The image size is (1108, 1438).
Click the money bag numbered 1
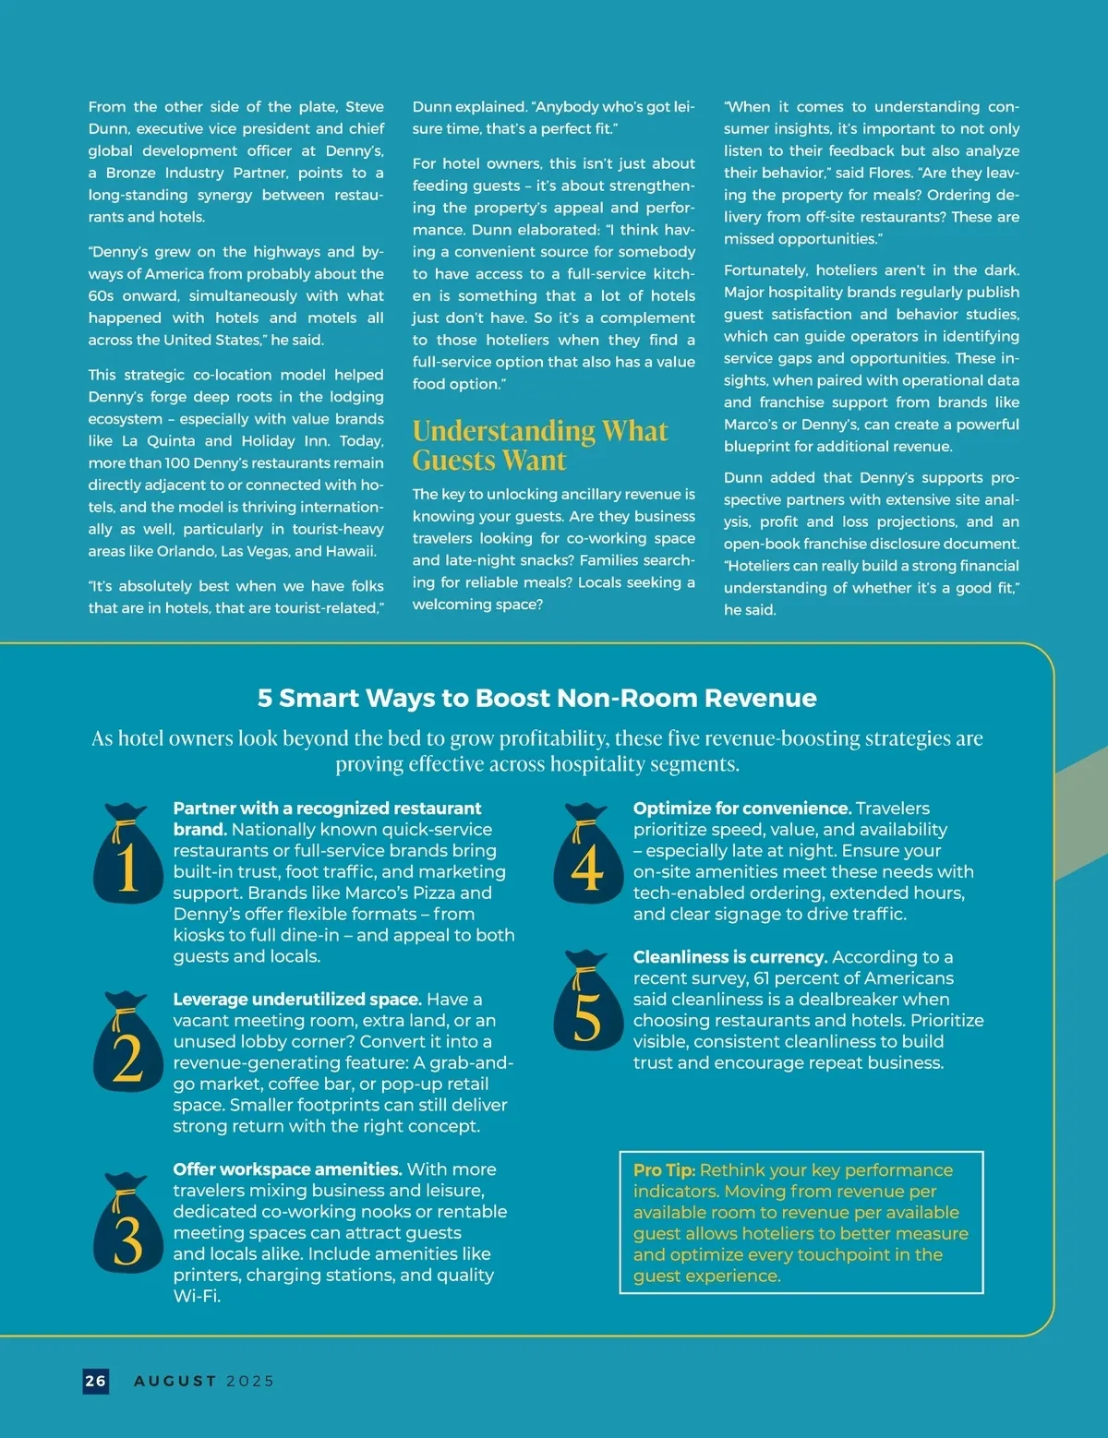point(127,856)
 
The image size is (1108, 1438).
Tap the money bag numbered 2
point(127,1044)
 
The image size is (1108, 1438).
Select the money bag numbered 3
point(127,1226)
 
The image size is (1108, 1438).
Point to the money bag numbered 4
point(588,856)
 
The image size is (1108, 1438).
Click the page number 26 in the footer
point(96,1381)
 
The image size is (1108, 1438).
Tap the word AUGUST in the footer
point(175,1381)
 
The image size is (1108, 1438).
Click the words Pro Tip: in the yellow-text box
point(664,1170)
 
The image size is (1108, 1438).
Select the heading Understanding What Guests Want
point(539,445)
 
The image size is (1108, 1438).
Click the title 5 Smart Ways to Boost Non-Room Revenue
point(536,698)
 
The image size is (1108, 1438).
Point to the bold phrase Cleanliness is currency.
point(729,957)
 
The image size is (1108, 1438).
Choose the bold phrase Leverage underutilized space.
point(296,1000)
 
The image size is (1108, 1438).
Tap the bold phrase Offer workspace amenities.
point(287,1169)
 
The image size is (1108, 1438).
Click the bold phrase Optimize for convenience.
point(741,809)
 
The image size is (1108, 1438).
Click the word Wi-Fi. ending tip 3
point(197,1296)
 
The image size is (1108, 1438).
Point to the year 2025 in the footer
point(250,1381)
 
